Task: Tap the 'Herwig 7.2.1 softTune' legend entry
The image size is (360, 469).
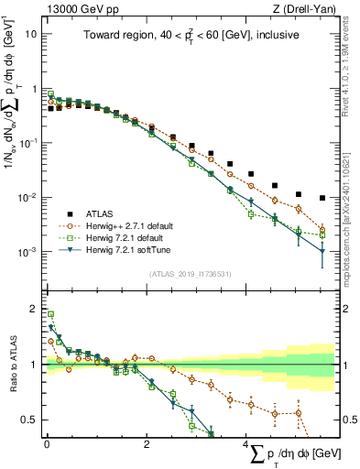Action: tap(127, 249)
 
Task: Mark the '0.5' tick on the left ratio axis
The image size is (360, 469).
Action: tap(30, 420)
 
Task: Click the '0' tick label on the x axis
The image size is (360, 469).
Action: tap(47, 444)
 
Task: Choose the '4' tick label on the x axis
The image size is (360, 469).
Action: tap(245, 444)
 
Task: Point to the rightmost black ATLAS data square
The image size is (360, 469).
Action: tap(322, 198)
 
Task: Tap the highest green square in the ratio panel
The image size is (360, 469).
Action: tap(50, 314)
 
